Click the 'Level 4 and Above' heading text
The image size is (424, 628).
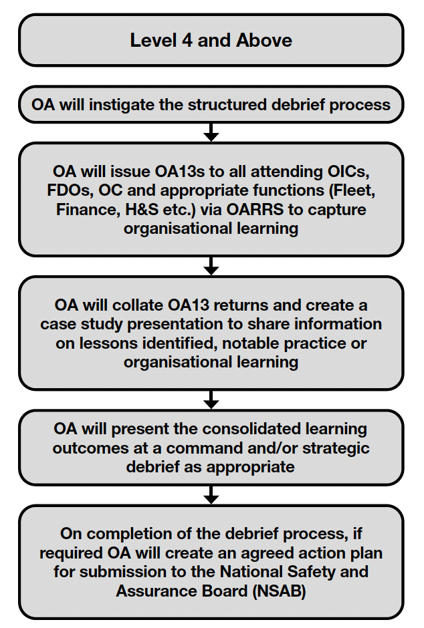click(x=211, y=40)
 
